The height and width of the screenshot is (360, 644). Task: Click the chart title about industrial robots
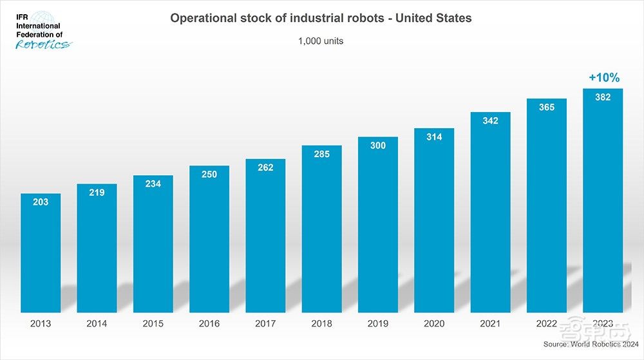(x=321, y=18)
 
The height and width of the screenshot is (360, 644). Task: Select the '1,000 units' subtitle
(x=321, y=41)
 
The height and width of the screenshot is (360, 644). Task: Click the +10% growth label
(x=603, y=78)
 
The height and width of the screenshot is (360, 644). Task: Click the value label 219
(x=97, y=192)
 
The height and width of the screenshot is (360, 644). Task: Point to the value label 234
(x=153, y=184)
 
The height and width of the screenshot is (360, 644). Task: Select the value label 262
(x=265, y=167)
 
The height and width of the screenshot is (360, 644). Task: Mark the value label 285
(x=321, y=154)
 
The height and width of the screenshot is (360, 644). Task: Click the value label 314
(x=434, y=137)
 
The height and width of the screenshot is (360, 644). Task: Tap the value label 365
(x=547, y=108)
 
